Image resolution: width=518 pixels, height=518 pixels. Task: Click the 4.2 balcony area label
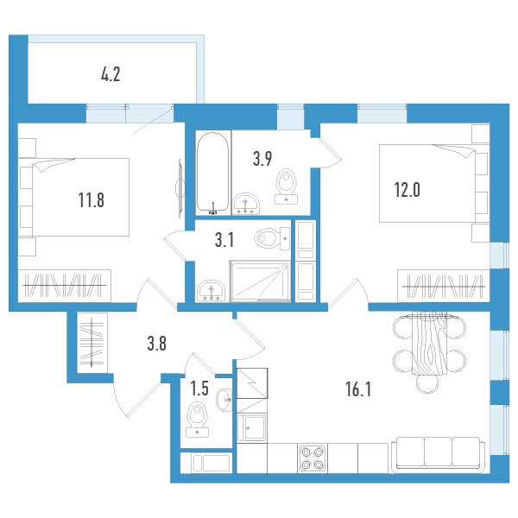[111, 74]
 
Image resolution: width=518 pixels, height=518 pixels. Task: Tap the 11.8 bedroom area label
[92, 200]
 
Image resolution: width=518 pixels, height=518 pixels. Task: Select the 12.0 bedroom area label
[407, 190]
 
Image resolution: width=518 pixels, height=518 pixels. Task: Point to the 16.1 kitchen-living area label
[358, 388]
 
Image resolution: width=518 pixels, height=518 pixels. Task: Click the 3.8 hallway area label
[156, 344]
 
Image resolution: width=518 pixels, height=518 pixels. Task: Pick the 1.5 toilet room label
[199, 388]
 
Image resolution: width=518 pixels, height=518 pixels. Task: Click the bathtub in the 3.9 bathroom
[212, 172]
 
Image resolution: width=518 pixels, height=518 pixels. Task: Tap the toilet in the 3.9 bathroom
[286, 186]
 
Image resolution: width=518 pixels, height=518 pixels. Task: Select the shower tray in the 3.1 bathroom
[260, 281]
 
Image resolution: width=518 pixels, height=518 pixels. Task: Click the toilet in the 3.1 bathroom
[272, 238]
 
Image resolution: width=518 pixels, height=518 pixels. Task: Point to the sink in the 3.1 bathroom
[211, 291]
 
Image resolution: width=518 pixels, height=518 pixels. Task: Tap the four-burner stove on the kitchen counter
[313, 458]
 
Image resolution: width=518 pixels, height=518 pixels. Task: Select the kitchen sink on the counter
[252, 427]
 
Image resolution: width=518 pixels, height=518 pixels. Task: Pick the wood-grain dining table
[429, 343]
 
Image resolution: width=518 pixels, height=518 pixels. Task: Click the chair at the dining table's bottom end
[427, 383]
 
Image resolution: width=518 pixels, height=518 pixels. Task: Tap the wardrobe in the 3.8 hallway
[92, 343]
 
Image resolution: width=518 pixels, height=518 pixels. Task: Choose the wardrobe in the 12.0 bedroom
[444, 286]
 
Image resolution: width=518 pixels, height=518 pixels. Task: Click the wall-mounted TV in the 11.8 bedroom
[180, 188]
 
